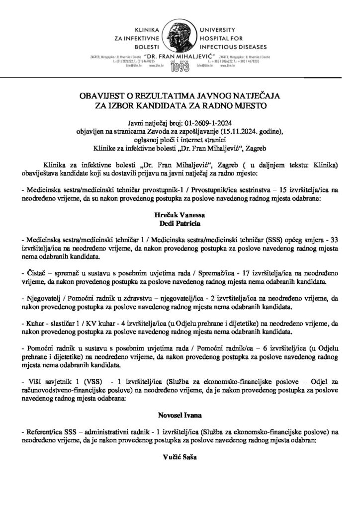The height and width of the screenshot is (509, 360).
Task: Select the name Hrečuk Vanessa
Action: pos(180,217)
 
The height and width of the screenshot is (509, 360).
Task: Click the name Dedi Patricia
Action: pos(180,224)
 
